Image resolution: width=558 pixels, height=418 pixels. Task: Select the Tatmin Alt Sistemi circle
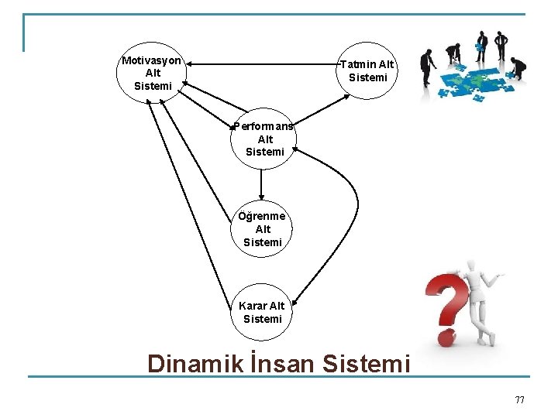367,70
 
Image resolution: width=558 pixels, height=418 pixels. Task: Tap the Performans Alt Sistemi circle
263,139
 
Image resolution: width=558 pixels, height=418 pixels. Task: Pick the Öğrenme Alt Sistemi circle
263,229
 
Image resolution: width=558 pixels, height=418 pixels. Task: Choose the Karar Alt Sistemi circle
263,312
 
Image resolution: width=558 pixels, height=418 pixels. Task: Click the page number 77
519,399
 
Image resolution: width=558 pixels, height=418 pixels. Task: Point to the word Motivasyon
152,60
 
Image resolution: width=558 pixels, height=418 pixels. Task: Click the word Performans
263,126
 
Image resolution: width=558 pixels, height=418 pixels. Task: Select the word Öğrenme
263,216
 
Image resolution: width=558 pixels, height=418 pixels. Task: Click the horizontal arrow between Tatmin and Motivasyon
263,63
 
